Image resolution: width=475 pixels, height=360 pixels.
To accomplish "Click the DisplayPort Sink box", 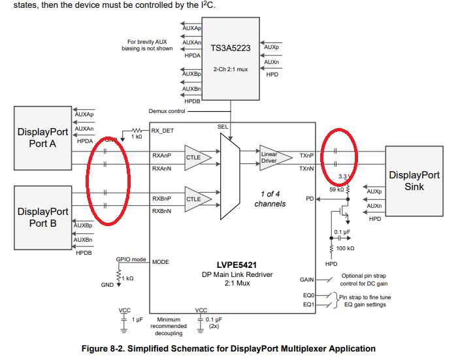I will [414, 181].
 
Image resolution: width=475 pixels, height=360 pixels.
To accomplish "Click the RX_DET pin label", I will [164, 130].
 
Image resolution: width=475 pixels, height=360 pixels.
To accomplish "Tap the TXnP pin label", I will [306, 155].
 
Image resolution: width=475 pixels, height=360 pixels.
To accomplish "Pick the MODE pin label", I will [161, 262].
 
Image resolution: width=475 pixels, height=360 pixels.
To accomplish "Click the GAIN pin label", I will [307, 279].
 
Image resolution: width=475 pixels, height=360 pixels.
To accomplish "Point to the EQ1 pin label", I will [308, 304].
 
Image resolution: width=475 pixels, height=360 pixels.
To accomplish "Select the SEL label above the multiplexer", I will [223, 127].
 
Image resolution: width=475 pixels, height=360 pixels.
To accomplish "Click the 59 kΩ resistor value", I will [336, 189].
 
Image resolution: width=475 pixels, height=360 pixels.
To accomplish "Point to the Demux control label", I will [167, 111].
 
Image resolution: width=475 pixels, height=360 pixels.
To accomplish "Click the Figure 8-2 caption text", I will [228, 348].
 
